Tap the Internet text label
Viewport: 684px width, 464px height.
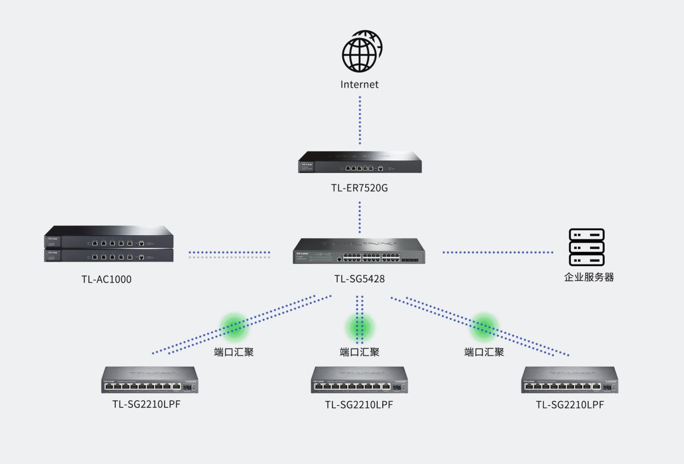[x=359, y=85]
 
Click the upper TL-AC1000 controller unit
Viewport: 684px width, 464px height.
[x=109, y=237]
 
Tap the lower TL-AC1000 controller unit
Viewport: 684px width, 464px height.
[x=109, y=255]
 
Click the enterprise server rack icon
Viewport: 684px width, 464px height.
[x=586, y=247]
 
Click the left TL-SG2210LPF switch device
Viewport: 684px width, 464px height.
[x=150, y=380]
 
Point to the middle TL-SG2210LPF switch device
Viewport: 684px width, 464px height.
[x=359, y=380]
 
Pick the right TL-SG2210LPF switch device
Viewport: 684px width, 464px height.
[x=570, y=380]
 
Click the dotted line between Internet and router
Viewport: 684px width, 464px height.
[x=360, y=120]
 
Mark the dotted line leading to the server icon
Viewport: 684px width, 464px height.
[x=497, y=252]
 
